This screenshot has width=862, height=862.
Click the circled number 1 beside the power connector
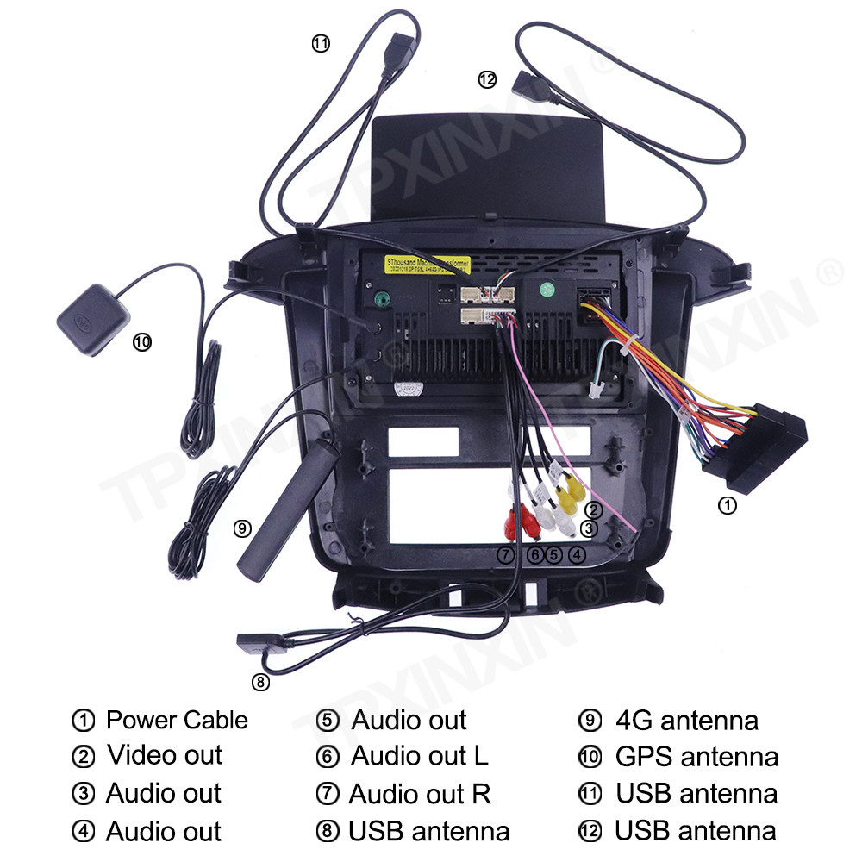pos(728,506)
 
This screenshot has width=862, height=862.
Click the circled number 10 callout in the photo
pos(142,342)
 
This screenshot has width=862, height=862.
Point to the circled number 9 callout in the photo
pos(242,528)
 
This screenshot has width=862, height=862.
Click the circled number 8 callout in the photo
pos(260,682)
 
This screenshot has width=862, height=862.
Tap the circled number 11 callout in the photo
pos(321,44)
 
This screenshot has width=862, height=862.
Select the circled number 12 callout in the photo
pos(488,79)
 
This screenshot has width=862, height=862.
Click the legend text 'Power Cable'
pos(176,720)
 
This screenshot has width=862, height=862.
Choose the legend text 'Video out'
pos(164,755)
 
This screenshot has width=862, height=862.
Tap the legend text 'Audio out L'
pos(419,756)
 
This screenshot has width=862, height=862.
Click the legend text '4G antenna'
pos(686,720)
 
